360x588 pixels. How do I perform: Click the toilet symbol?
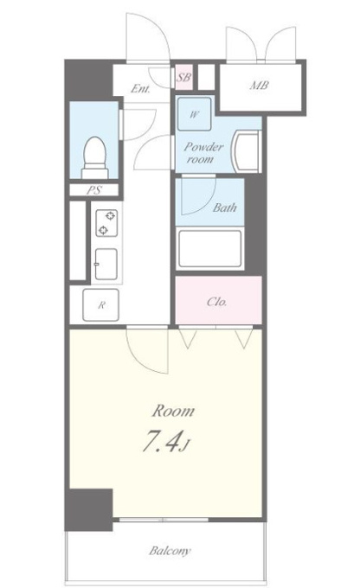point(94,157)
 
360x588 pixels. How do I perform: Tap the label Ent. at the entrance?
point(140,89)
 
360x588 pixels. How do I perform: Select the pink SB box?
point(184,77)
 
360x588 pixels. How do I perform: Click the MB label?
point(260,86)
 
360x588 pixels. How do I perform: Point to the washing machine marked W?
point(194,114)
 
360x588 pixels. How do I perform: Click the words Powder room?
point(203,153)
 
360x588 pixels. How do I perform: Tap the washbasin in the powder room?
point(247,151)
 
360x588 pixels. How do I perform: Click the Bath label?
point(224,208)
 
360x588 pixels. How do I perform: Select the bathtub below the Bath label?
point(209,249)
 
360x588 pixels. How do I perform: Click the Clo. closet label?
point(216,302)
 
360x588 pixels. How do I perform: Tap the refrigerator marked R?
point(100,305)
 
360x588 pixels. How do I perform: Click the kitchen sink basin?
point(106,264)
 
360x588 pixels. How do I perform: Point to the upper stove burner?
point(110,215)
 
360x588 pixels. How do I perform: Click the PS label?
point(94,190)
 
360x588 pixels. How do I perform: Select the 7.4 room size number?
point(158,441)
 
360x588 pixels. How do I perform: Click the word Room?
point(173,412)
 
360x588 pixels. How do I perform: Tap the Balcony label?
point(170,551)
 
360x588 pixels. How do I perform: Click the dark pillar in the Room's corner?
point(89,509)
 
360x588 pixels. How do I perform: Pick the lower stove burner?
point(103,230)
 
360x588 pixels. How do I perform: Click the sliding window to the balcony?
point(164,520)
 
